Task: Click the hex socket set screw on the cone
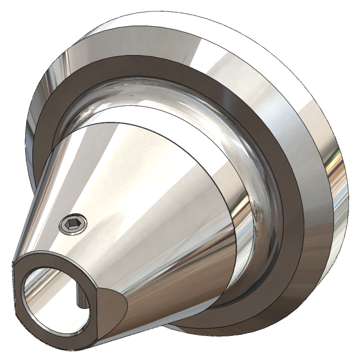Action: [x=73, y=224]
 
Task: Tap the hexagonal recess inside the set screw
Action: [x=73, y=224]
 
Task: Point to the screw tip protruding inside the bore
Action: [x=79, y=298]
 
